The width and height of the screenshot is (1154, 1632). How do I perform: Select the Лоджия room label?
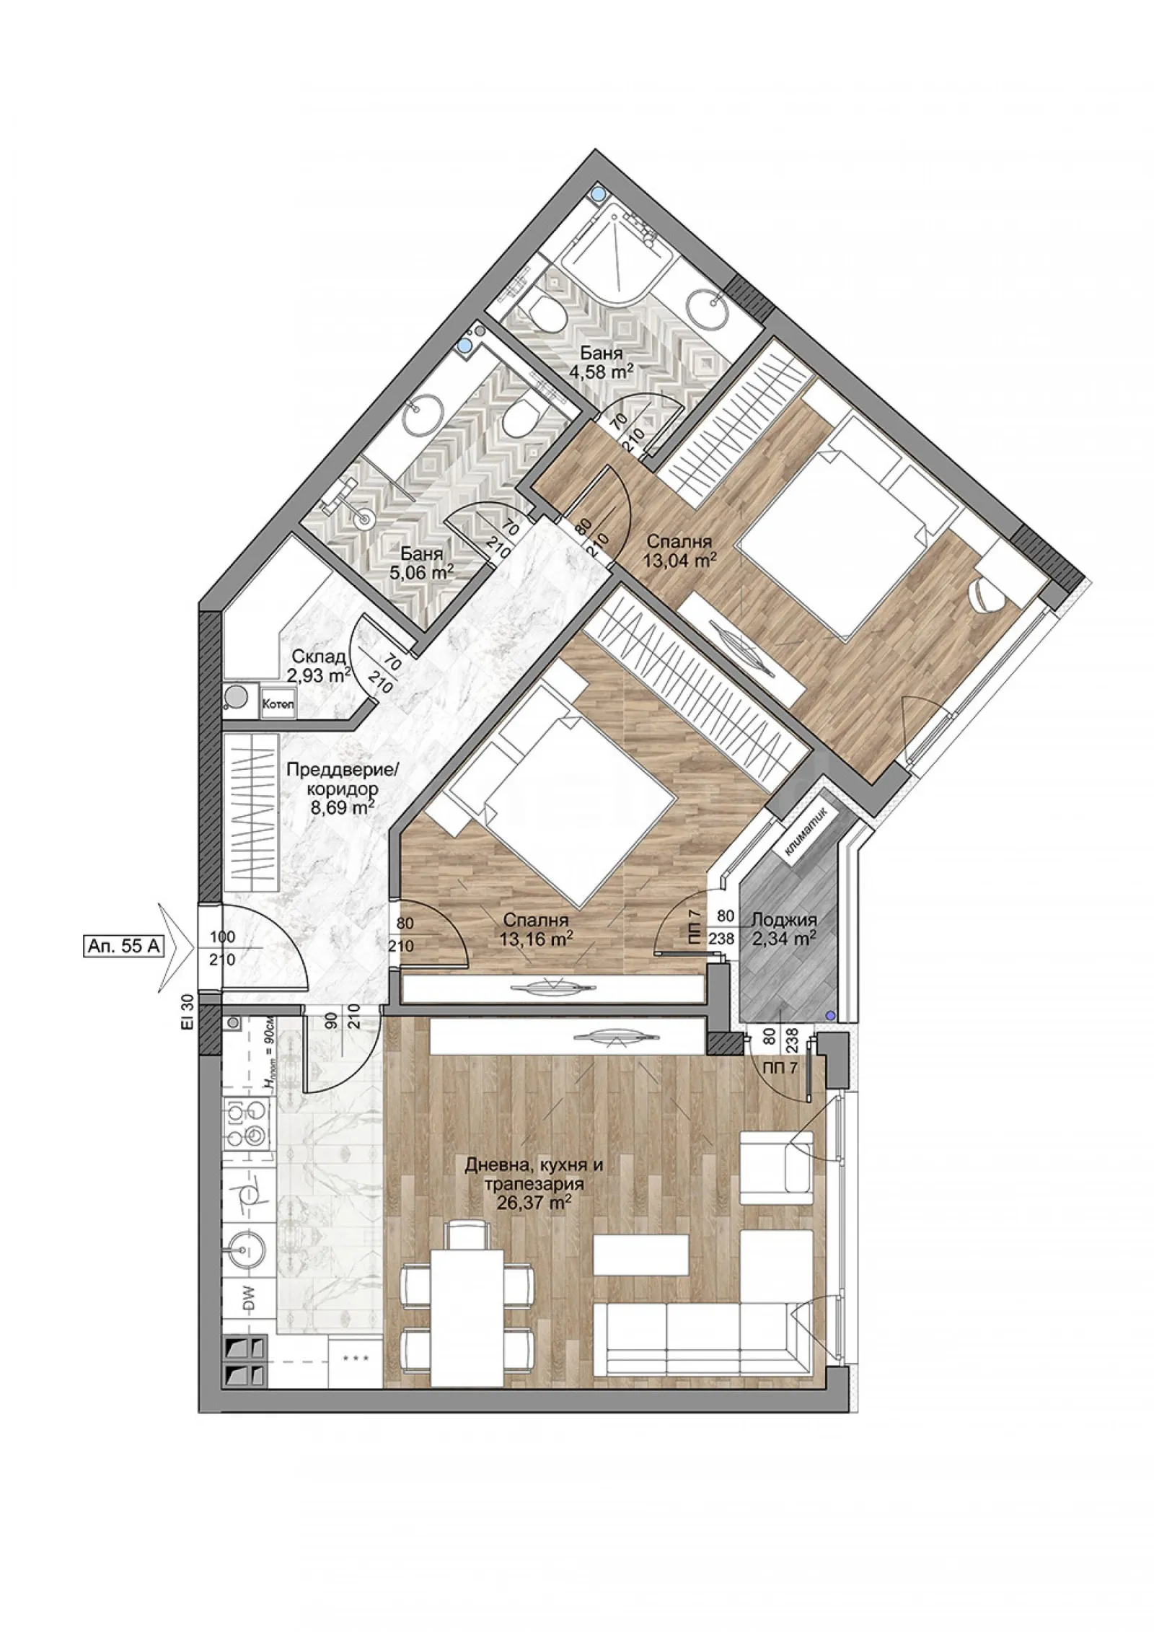tap(784, 921)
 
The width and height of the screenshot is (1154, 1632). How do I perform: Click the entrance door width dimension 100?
tap(222, 938)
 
